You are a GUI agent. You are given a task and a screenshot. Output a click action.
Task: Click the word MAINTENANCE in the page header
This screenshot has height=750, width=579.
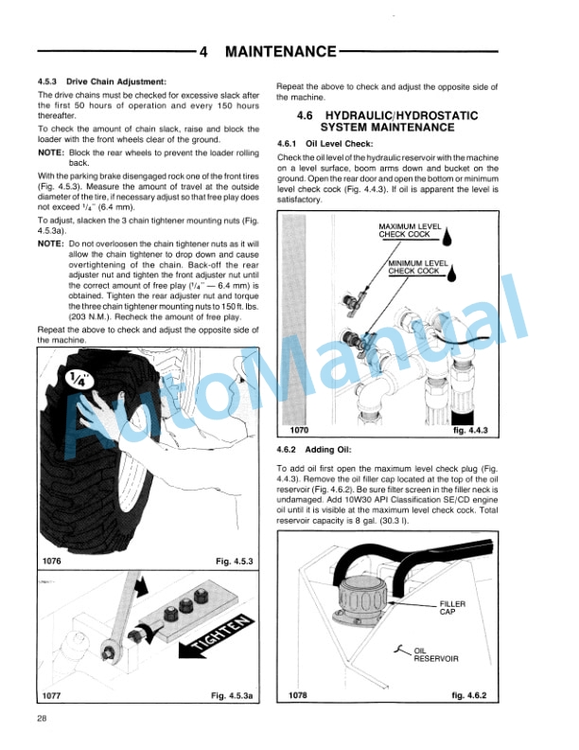[280, 51]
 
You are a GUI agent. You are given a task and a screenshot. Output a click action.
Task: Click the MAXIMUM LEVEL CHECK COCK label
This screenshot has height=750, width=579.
[405, 230]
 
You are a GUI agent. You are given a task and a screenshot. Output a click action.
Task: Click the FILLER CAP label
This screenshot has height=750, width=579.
[453, 607]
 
